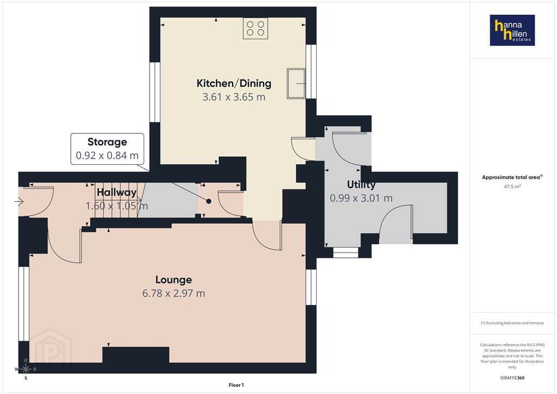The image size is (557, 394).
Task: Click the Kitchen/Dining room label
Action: tap(234, 83)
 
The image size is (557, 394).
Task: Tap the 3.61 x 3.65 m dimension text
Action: tap(234, 97)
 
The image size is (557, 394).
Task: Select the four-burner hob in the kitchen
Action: tap(256, 28)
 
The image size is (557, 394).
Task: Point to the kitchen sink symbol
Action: tap(296, 84)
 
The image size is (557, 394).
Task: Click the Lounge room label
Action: tap(174, 280)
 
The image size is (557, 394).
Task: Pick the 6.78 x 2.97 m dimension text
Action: tap(174, 293)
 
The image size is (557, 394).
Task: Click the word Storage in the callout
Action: tap(107, 142)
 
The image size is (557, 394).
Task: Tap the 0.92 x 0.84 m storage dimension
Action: tap(107, 156)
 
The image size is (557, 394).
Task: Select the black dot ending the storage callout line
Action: tap(209, 201)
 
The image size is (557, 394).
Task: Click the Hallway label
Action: tap(116, 192)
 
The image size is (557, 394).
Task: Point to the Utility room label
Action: tap(361, 184)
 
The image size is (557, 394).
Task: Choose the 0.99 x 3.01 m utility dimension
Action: tap(361, 198)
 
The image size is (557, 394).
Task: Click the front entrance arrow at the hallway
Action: tap(19, 202)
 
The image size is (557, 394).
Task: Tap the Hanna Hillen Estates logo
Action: tap(512, 30)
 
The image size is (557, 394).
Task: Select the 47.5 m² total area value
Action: tap(512, 187)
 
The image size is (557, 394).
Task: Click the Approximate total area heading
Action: tap(512, 177)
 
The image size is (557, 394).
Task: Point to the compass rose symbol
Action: tap(26, 370)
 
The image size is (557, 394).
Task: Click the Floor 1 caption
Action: tap(236, 385)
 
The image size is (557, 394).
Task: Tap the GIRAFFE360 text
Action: tap(512, 378)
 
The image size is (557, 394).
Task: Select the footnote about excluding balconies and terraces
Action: tap(512, 323)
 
